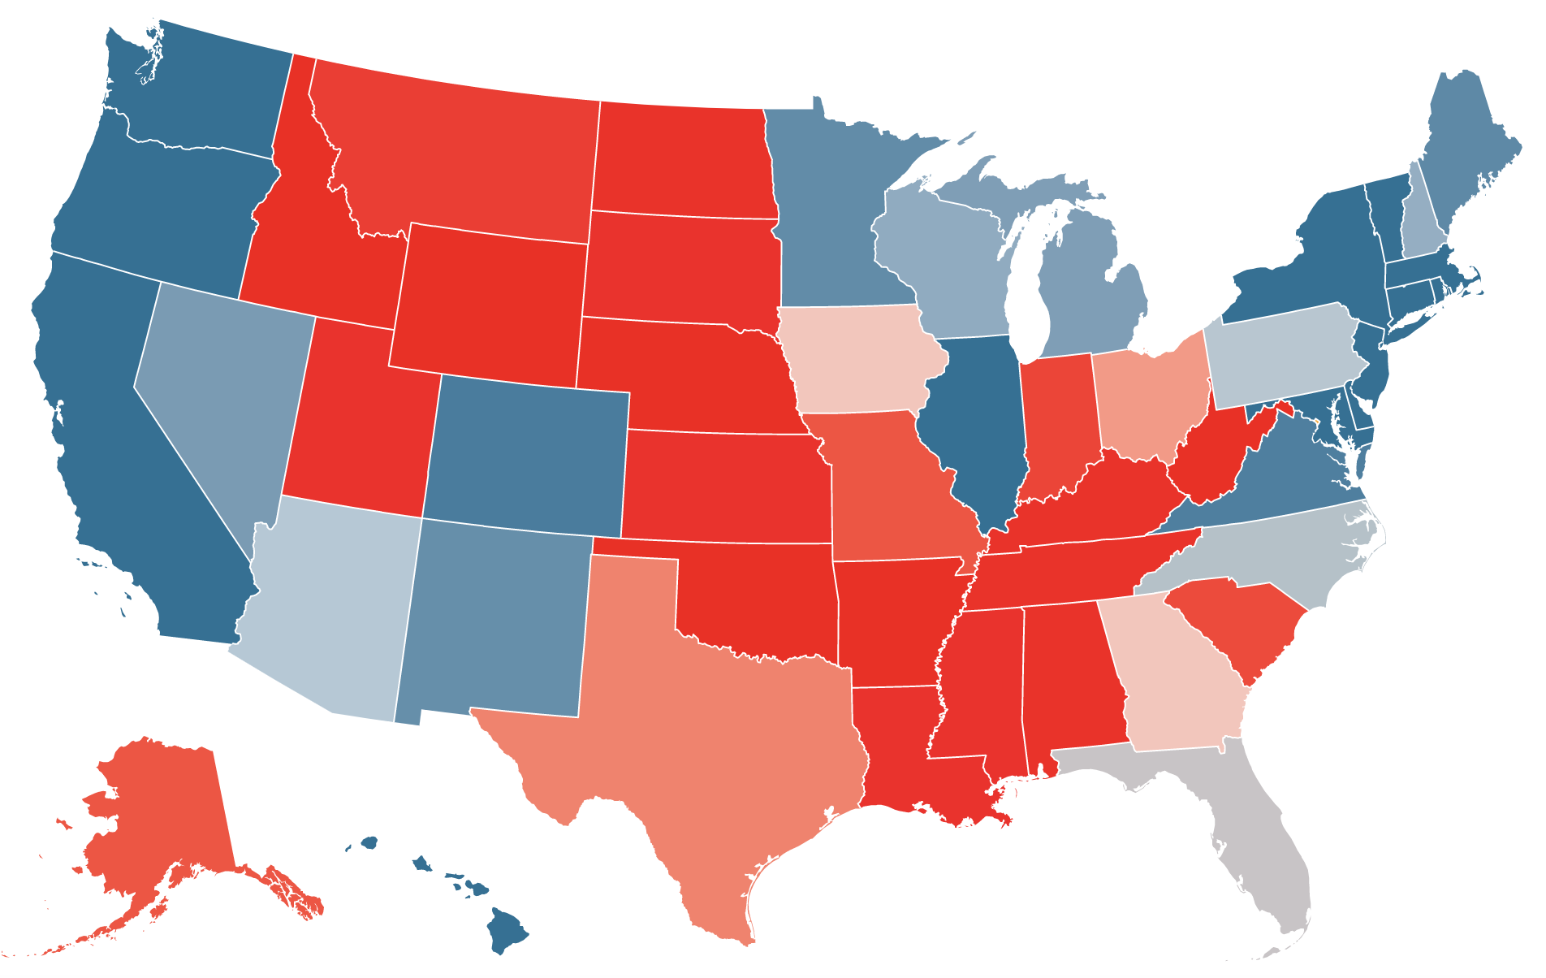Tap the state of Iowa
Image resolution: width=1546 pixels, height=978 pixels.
coord(861,357)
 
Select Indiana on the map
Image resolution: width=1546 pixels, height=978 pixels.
coord(1056,422)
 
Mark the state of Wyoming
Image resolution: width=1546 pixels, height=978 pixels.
coord(487,301)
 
